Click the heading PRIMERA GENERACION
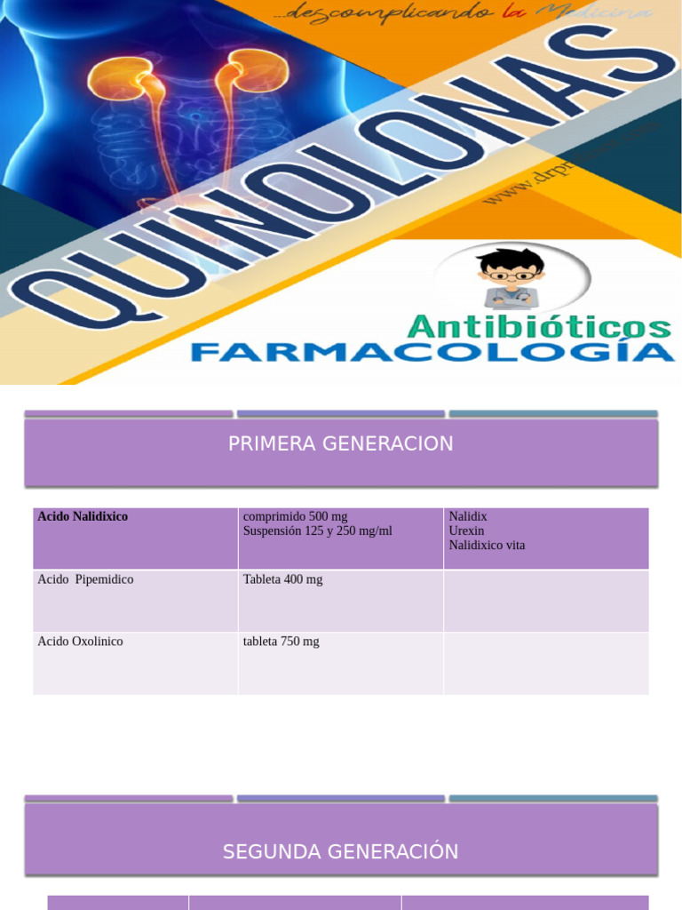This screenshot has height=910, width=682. point(340,443)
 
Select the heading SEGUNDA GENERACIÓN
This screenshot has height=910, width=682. point(340,851)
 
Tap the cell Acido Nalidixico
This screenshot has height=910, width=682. point(83,516)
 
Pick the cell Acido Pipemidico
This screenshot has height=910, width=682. point(85,579)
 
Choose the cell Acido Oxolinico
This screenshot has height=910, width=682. point(80,642)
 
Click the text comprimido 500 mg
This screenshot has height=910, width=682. point(295,516)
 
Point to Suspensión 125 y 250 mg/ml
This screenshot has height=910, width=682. point(317,531)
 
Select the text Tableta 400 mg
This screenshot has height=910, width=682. point(282,579)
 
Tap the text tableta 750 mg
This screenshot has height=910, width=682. point(281,642)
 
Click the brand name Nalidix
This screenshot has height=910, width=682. point(468,516)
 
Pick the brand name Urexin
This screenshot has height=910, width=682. point(466,531)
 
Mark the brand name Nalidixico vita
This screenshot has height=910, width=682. point(487,545)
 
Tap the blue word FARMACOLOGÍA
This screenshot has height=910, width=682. point(432,352)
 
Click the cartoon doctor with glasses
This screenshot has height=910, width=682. point(511,277)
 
